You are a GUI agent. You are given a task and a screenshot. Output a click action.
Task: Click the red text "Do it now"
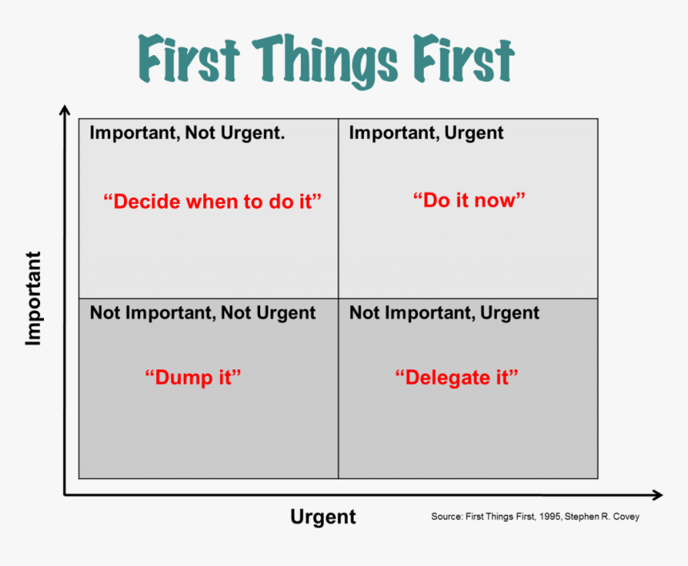click(469, 201)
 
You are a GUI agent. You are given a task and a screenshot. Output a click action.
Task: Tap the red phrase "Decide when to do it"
click(212, 201)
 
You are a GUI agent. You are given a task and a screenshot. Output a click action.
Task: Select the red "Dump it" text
click(193, 377)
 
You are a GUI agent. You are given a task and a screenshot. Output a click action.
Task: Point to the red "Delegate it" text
click(457, 377)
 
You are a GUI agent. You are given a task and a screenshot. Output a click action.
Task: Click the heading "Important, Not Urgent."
click(187, 133)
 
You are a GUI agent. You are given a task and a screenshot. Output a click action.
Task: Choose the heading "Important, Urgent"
click(426, 133)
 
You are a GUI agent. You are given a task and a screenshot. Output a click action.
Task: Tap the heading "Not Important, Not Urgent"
click(202, 313)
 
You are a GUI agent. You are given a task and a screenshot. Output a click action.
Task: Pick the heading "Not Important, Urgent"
click(445, 313)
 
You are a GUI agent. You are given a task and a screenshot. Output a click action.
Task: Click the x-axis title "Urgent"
click(323, 517)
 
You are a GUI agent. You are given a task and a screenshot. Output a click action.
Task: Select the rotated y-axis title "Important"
click(34, 298)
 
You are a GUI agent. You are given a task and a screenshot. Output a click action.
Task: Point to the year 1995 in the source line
click(550, 516)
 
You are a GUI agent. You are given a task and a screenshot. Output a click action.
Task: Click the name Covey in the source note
click(626, 517)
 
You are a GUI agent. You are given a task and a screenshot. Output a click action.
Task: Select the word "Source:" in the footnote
click(447, 516)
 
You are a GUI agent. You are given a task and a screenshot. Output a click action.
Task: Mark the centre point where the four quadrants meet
click(338, 298)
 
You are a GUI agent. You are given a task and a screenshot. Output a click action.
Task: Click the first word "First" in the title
click(189, 58)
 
